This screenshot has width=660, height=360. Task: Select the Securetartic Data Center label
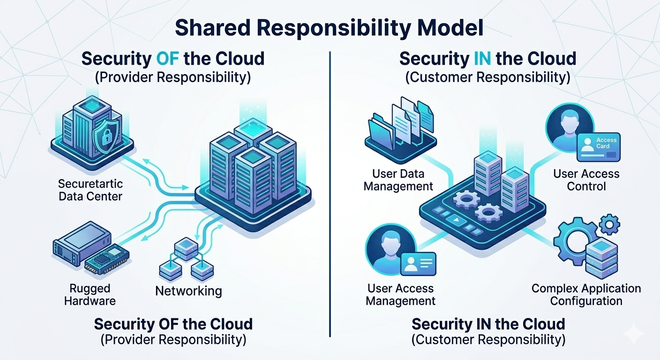(90, 189)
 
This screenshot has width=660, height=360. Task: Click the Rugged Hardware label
(90, 294)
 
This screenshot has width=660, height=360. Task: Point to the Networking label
(188, 291)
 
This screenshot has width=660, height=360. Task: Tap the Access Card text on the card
(606, 143)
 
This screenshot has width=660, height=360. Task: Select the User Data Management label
(398, 180)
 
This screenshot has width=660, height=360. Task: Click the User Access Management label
(400, 294)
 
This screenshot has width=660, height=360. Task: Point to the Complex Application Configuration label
(586, 294)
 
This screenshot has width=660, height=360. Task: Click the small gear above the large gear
(609, 224)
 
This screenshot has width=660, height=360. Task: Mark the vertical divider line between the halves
(330, 187)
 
